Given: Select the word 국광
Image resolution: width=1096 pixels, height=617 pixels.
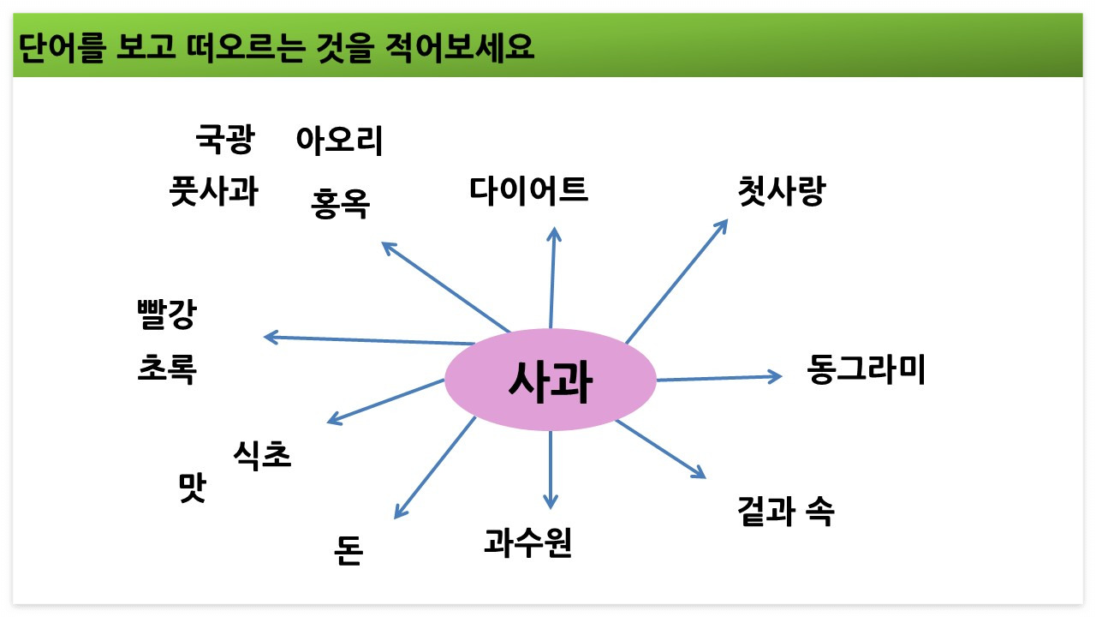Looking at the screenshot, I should point(225,139).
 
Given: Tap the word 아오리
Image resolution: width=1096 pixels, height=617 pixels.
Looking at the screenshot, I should point(339,140).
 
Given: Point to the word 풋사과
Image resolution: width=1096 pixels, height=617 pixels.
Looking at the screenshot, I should point(214,191).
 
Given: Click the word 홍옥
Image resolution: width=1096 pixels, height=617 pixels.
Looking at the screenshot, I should point(341,204).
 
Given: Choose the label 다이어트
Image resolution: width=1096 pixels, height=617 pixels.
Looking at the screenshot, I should point(529,189).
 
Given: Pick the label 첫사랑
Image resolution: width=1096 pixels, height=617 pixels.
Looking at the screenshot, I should point(780,191).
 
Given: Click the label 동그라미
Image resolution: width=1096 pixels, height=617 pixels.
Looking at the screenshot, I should point(867,370).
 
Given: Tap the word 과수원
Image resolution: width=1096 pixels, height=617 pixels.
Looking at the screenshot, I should point(527,542).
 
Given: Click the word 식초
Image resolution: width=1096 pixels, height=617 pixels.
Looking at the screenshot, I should point(262,455).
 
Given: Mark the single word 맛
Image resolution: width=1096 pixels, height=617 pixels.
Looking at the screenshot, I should point(192,489).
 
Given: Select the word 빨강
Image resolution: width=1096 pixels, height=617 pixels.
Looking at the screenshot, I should point(166,314).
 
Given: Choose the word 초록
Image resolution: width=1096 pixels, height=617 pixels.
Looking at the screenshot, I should point(167,369).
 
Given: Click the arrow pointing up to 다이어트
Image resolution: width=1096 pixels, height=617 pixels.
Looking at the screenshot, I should point(553,279).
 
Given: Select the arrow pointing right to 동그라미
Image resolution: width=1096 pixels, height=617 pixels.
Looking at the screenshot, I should point(719,377).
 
